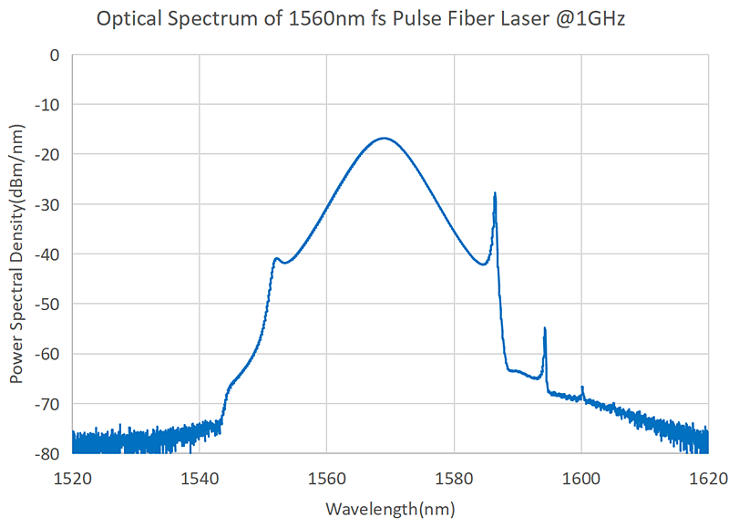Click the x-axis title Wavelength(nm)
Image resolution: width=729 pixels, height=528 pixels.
(390, 508)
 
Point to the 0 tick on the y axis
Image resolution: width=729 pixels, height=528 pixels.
(54, 55)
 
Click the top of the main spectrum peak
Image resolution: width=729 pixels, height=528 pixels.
(385, 138)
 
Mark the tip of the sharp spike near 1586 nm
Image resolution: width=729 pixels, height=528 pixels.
(495, 193)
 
